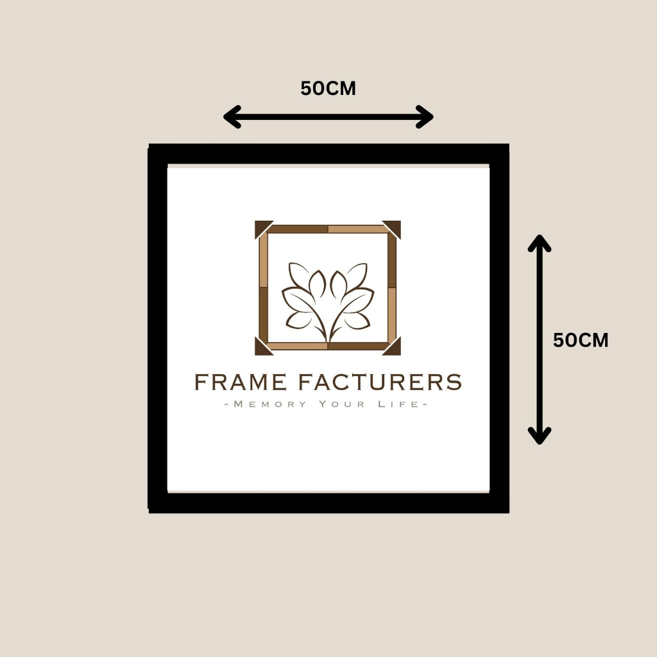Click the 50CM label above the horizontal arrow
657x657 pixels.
328,89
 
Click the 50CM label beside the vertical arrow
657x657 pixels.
580,341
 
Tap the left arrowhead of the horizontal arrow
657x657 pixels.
231,117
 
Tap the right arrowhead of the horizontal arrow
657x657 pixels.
425,117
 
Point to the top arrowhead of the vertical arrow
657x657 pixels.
540,243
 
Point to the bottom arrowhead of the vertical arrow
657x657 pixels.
540,436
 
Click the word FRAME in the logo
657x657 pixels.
240,382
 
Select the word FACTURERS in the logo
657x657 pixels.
380,382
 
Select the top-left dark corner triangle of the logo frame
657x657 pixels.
261,227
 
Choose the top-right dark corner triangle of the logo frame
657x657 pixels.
395,227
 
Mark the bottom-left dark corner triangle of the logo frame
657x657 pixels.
261,348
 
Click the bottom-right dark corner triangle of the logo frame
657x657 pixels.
395,348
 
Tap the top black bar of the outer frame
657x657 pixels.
328,154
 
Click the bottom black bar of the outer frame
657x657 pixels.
328,503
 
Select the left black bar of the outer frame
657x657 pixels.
158,328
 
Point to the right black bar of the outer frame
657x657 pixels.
499,328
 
